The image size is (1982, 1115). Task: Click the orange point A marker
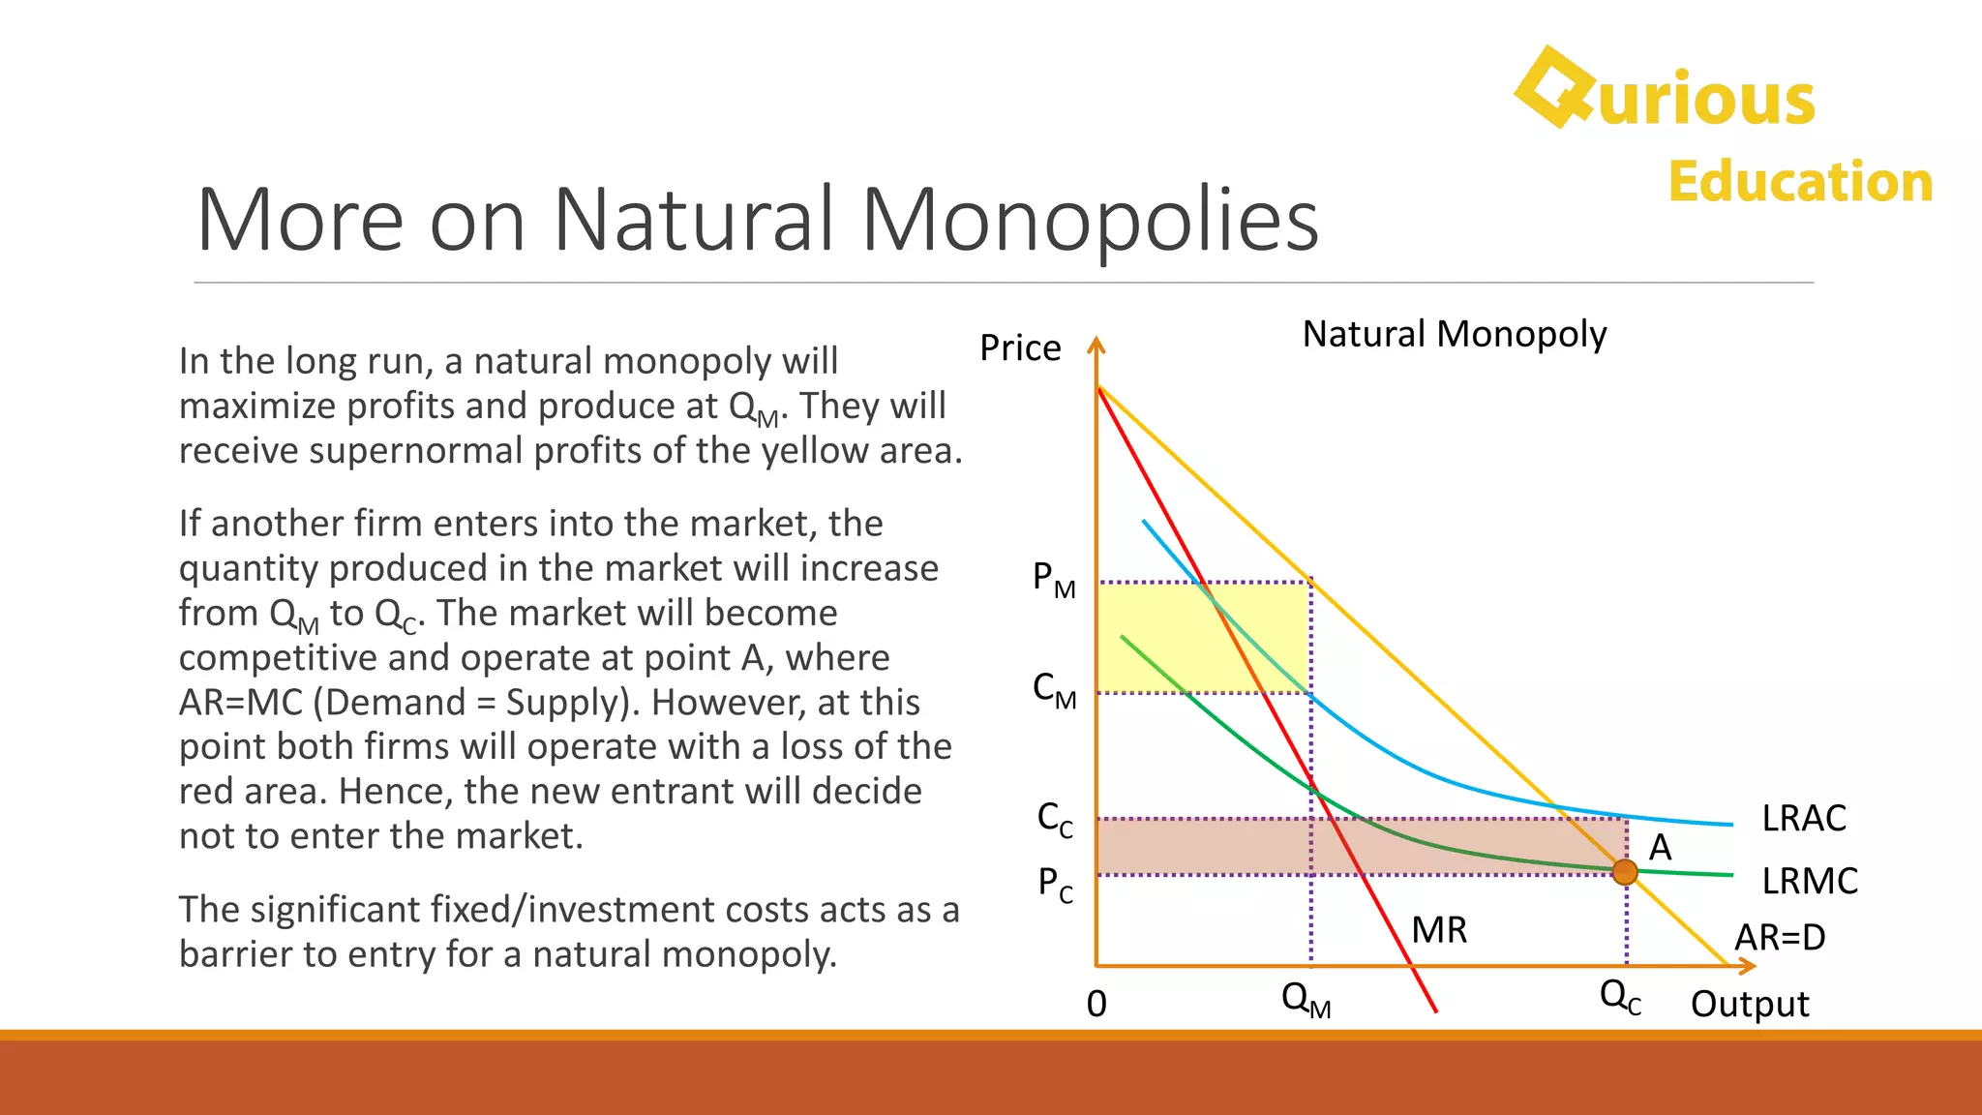[1625, 872]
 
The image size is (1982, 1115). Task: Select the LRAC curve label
[1803, 819]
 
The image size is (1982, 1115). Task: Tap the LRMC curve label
[1809, 881]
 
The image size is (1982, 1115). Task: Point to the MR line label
[1439, 930]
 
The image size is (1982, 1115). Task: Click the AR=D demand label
[1779, 937]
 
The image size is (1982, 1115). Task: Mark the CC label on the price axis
[1055, 819]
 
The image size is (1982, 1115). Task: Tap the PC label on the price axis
[1055, 884]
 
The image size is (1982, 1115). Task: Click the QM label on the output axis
[1306, 999]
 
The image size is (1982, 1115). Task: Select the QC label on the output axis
[1620, 997]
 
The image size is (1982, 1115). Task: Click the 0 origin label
[1096, 1004]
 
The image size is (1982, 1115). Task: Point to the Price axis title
[1020, 347]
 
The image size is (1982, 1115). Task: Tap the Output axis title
[1750, 1004]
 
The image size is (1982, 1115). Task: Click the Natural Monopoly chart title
[1454, 334]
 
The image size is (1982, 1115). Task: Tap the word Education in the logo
[1800, 182]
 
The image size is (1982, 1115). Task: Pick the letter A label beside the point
[1661, 848]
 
